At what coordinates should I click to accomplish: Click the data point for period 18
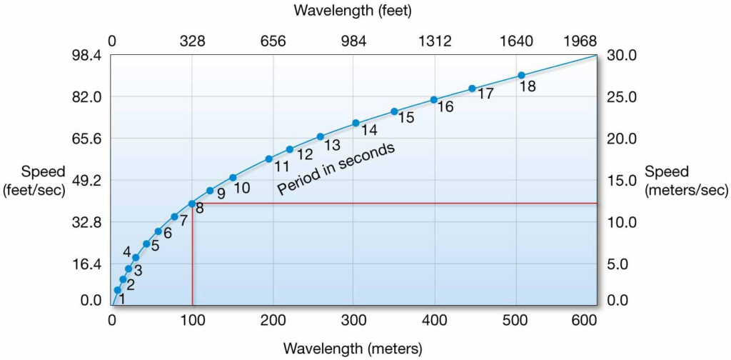[x=521, y=75]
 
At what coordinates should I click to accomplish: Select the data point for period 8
[x=192, y=204]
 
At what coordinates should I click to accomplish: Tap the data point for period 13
[x=321, y=136]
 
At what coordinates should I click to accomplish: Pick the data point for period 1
[x=117, y=289]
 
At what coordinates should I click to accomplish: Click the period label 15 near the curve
[x=405, y=118]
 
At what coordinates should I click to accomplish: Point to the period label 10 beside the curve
[x=241, y=189]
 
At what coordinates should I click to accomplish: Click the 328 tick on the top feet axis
[x=193, y=41]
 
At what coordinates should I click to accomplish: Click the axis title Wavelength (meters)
[x=353, y=349]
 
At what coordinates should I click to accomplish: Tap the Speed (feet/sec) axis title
[x=34, y=181]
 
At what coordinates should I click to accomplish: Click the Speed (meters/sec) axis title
[x=686, y=181]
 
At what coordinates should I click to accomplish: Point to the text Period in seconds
[x=336, y=169]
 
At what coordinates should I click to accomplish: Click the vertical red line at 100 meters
[x=192, y=257]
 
